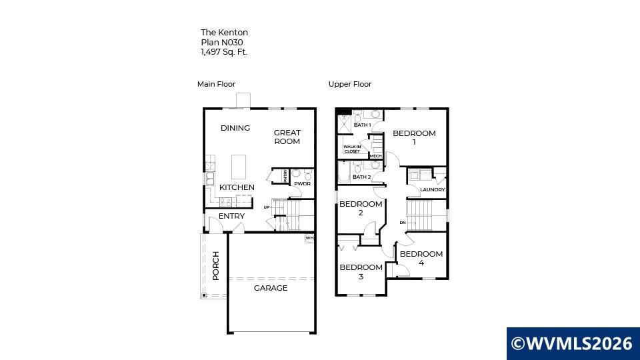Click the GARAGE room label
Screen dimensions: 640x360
pyautogui.click(x=271, y=288)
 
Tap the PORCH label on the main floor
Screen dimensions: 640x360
pyautogui.click(x=216, y=266)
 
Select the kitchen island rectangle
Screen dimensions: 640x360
pyautogui.click(x=239, y=167)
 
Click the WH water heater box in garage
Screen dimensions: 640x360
pyautogui.click(x=309, y=239)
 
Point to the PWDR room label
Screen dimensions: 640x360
pyautogui.click(x=303, y=184)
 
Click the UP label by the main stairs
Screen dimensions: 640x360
pyautogui.click(x=267, y=207)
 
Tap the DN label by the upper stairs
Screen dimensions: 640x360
pyautogui.click(x=403, y=223)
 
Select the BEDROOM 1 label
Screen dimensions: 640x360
pyautogui.click(x=414, y=137)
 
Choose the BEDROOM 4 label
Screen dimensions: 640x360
pyautogui.click(x=421, y=259)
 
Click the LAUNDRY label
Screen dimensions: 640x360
pyautogui.click(x=433, y=190)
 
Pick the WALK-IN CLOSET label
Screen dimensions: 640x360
pyautogui.click(x=352, y=149)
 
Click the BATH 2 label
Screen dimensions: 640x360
pyautogui.click(x=362, y=177)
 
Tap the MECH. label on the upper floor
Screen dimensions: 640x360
pyautogui.click(x=375, y=156)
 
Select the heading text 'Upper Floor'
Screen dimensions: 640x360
pyautogui.click(x=350, y=84)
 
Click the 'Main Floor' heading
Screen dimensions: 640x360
pyautogui.click(x=216, y=84)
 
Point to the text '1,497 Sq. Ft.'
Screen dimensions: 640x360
pyautogui.click(x=224, y=52)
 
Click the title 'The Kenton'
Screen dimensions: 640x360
pyautogui.click(x=225, y=32)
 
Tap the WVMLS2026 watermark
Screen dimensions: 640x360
pyautogui.click(x=573, y=343)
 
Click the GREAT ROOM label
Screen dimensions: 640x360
pyautogui.click(x=287, y=137)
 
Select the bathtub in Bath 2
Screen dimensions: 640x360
pyautogui.click(x=344, y=172)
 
